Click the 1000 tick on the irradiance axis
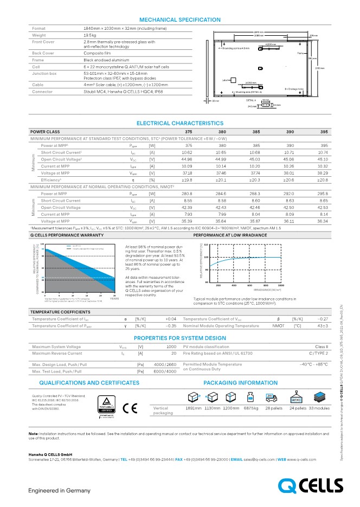point(281,285)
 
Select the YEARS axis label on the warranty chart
point(114,298)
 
